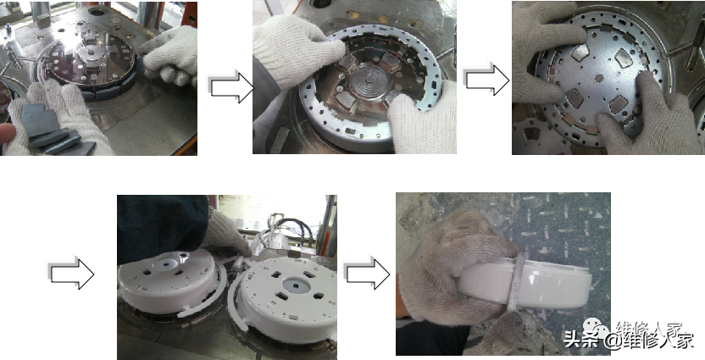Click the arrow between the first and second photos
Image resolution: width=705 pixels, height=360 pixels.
click(230, 86)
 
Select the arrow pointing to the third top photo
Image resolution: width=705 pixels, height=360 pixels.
click(486, 80)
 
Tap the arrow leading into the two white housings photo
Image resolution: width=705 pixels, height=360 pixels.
click(71, 273)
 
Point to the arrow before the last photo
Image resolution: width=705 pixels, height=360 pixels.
click(366, 273)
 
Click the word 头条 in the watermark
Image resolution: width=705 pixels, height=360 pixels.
click(581, 339)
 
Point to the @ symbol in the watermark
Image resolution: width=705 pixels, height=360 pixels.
click(613, 341)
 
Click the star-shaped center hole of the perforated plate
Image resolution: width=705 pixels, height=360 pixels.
click(598, 78)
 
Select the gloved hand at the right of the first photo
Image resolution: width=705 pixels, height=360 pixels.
click(171, 55)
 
